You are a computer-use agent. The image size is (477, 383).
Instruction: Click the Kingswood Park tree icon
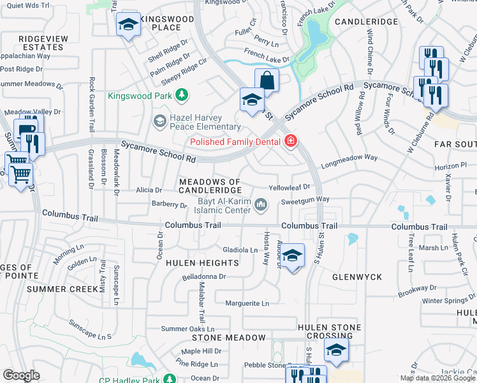click(x=182, y=96)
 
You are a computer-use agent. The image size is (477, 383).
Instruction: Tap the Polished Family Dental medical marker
click(x=291, y=140)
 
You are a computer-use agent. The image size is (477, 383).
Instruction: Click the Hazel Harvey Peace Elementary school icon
click(x=159, y=120)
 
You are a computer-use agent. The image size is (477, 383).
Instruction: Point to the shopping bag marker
click(x=267, y=81)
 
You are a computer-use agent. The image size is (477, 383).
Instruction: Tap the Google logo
click(x=21, y=375)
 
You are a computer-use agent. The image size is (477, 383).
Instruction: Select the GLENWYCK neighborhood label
click(x=357, y=277)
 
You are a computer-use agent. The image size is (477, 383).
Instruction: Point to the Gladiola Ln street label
click(x=239, y=250)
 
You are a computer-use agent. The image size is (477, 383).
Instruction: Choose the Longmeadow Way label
click(x=349, y=158)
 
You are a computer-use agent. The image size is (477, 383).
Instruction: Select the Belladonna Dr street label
click(x=205, y=276)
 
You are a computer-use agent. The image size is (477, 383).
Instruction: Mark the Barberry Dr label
click(x=169, y=204)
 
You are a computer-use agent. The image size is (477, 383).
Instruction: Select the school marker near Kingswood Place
click(x=128, y=26)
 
